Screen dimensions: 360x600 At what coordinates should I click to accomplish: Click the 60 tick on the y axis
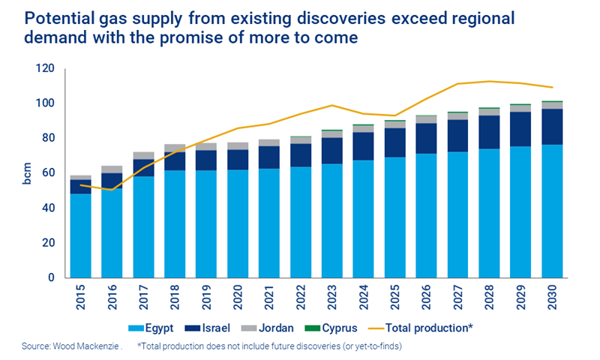[48, 173]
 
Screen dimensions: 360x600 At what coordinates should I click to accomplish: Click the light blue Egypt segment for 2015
[80, 235]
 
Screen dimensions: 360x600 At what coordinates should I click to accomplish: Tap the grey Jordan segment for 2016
[112, 169]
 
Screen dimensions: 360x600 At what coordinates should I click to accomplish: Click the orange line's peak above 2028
[489, 81]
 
